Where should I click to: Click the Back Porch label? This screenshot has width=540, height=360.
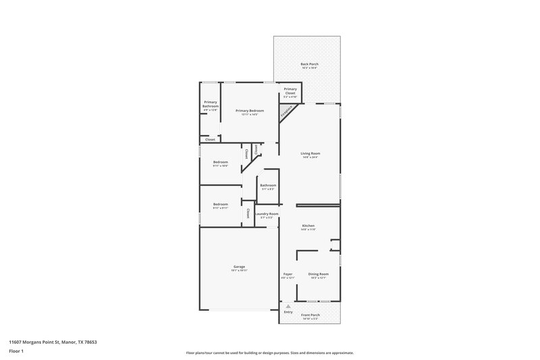tap(309, 64)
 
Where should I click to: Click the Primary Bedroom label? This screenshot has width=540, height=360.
tap(249, 110)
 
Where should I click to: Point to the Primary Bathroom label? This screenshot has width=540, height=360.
tap(211, 105)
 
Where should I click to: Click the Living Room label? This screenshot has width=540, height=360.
tap(310, 153)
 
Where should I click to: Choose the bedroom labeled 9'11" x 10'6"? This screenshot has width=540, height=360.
tap(221, 162)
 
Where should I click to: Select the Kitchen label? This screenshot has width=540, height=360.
tap(308, 226)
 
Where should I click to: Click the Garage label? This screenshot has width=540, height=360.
tap(240, 267)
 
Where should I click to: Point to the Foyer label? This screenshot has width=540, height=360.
tap(288, 274)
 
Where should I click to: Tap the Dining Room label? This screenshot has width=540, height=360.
tap(317, 274)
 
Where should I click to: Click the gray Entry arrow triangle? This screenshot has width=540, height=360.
tap(288, 306)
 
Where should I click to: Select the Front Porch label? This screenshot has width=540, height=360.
tap(310, 315)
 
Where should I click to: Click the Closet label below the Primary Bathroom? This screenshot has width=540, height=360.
tap(211, 139)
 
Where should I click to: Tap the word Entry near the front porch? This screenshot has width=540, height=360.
tap(288, 312)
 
